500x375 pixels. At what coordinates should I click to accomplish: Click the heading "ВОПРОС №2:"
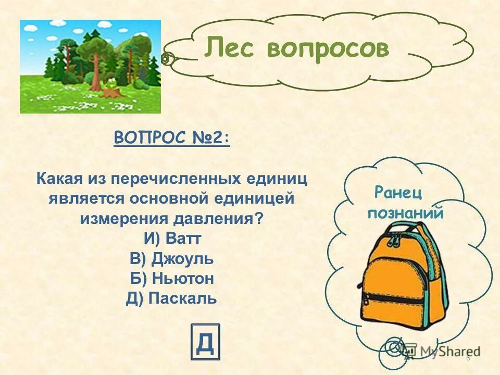(x=171, y=139)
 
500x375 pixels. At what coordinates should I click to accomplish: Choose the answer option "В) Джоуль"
(x=172, y=258)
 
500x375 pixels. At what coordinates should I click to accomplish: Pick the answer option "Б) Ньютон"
(x=172, y=278)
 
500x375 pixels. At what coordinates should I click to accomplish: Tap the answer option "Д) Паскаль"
(x=171, y=298)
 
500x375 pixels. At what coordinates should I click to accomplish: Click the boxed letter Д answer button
(x=205, y=342)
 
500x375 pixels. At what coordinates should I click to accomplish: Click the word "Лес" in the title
(x=231, y=48)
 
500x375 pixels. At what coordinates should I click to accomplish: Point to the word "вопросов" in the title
(x=328, y=48)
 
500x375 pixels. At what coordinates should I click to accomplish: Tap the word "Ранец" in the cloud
(x=397, y=193)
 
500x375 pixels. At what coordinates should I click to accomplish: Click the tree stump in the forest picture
(x=111, y=93)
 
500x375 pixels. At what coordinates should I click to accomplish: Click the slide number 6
(x=468, y=358)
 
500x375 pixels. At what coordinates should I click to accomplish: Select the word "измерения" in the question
(x=116, y=218)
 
